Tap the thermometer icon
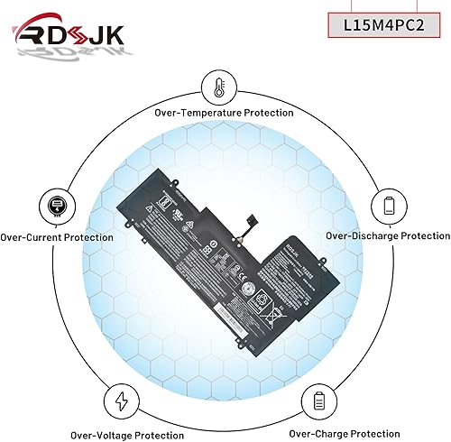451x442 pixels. coord(217,87)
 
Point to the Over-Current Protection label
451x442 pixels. coord(57,237)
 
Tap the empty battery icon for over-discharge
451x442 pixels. coord(389,204)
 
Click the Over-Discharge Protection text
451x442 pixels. coord(387,235)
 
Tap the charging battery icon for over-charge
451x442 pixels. coord(318,398)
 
